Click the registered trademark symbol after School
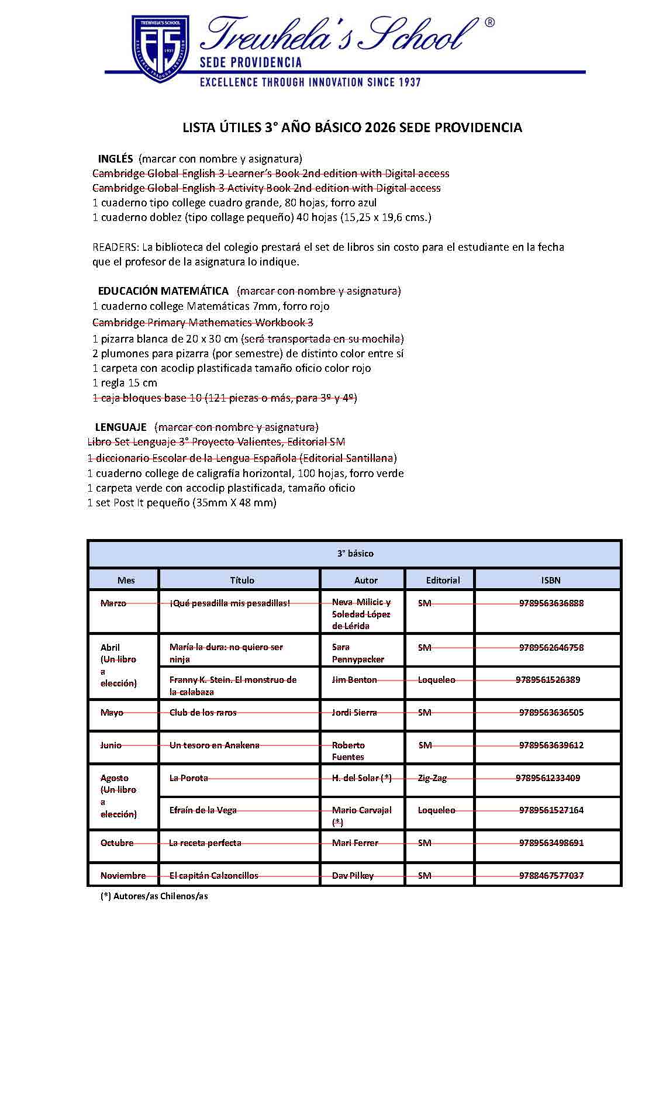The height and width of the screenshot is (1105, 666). click(x=489, y=23)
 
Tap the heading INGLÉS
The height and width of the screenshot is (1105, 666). click(x=116, y=159)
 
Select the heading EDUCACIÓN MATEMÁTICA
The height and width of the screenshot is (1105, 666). click(x=163, y=291)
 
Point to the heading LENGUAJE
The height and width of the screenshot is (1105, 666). click(x=120, y=427)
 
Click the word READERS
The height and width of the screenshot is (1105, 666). click(x=115, y=247)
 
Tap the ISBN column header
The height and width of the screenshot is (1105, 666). click(x=550, y=580)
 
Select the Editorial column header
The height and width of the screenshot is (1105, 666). click(x=443, y=580)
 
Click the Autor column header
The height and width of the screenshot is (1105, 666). click(x=366, y=580)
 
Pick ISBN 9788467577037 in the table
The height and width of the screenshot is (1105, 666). click(x=551, y=875)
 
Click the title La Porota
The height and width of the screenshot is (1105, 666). click(x=188, y=778)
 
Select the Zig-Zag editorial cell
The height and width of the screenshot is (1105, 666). click(x=432, y=778)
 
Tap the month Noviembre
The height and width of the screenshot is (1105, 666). click(x=123, y=875)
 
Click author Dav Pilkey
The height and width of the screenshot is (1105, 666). click(x=353, y=875)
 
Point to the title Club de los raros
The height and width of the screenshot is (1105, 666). click(x=203, y=712)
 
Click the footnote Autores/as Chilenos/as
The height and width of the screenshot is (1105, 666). click(x=154, y=896)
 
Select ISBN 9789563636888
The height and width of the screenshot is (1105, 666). click(x=551, y=603)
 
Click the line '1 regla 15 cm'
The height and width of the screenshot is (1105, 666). click(x=125, y=383)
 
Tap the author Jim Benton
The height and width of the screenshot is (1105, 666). click(x=354, y=679)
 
